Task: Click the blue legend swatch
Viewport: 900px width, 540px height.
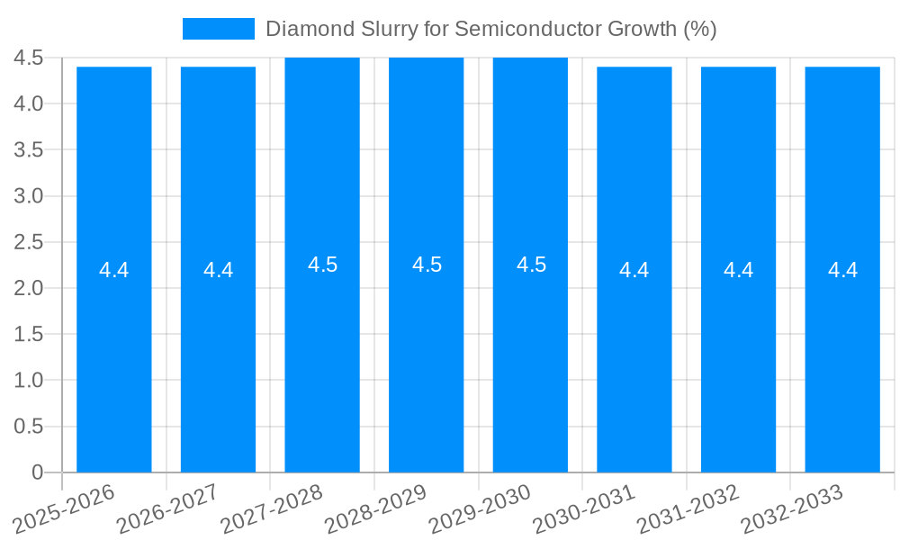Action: click(x=218, y=29)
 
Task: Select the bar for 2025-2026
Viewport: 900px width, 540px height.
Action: click(x=114, y=360)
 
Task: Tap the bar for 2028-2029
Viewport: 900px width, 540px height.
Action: click(x=427, y=360)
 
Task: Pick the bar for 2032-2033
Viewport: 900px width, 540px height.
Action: click(x=842, y=360)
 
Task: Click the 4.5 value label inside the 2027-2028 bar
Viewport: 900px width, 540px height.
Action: click(x=322, y=265)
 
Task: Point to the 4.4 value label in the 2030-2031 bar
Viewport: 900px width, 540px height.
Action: click(x=634, y=270)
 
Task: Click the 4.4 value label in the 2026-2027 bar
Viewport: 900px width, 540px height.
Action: click(x=218, y=270)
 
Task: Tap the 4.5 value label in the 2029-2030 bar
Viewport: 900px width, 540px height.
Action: click(x=531, y=265)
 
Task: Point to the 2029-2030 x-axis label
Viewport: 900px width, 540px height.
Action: click(x=481, y=508)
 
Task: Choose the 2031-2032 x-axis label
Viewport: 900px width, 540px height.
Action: click(x=689, y=508)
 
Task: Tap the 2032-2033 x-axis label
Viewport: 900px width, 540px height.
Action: click(x=793, y=508)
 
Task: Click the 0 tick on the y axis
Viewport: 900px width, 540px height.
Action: click(x=37, y=472)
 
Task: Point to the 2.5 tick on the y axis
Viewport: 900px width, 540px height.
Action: click(x=29, y=242)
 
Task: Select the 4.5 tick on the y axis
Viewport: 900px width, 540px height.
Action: click(x=29, y=58)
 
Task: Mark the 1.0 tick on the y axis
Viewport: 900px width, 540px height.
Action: click(x=29, y=380)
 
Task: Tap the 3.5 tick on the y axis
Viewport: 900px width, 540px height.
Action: click(x=29, y=149)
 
